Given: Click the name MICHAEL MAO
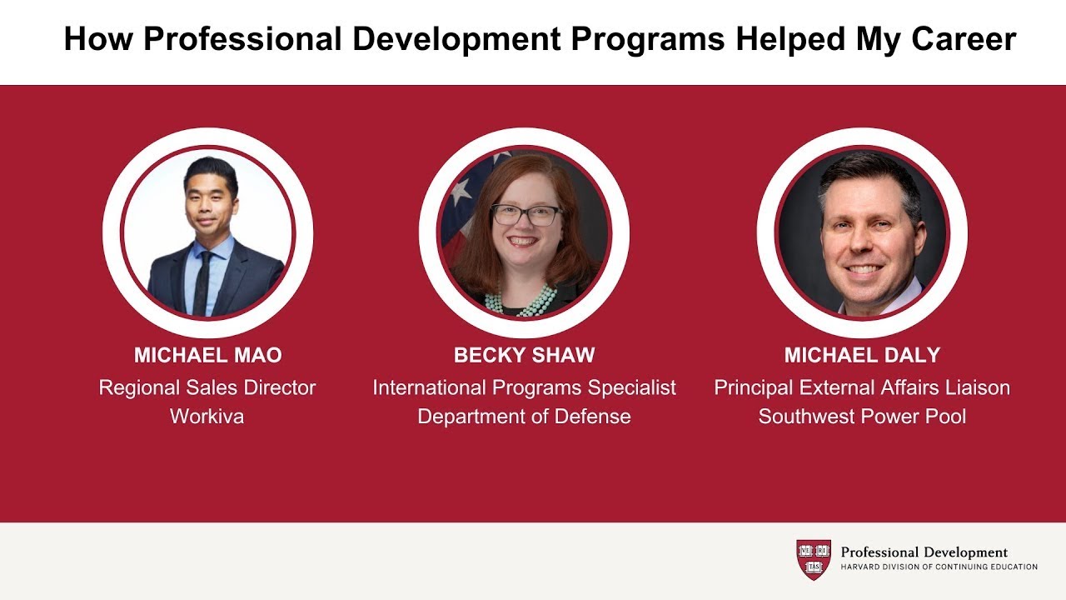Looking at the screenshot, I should click(207, 356).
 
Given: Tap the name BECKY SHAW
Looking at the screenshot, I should click(524, 356).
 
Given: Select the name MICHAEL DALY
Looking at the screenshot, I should click(862, 356).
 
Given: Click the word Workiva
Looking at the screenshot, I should click(207, 417).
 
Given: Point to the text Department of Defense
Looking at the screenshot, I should click(524, 417).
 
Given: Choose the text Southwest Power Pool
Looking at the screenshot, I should click(862, 417).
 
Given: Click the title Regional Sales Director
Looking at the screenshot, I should click(207, 387).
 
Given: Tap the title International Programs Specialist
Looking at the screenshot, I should click(524, 387).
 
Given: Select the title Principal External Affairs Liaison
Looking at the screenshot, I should click(862, 387).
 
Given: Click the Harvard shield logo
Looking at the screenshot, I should click(814, 559).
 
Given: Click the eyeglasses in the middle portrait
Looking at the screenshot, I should click(526, 215).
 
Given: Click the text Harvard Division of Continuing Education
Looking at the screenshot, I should click(939, 567).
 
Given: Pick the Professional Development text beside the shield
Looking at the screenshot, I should click(924, 552).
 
